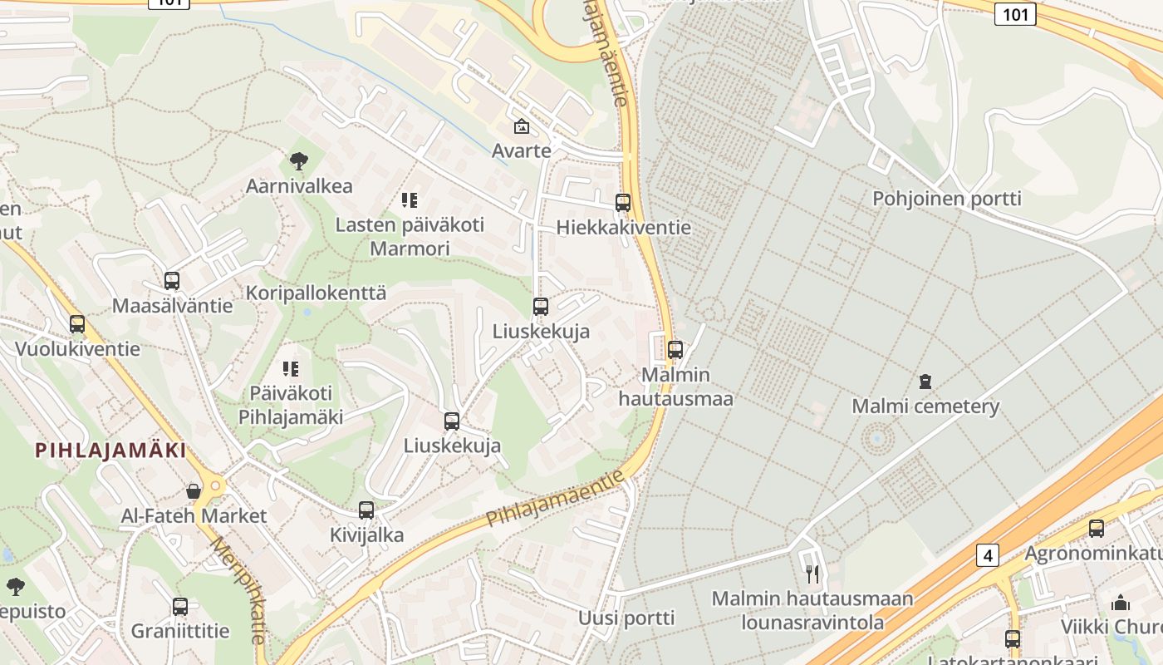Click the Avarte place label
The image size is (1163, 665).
coord(521,150)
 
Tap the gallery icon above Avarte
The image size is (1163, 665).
coord(522,127)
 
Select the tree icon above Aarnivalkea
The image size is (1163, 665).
coord(299,161)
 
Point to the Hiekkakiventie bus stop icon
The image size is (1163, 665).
coord(623,203)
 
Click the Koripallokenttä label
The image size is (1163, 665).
coord(316,293)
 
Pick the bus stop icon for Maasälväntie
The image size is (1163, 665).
coord(172,281)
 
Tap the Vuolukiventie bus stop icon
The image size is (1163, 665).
coord(77,324)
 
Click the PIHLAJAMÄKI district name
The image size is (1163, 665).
coord(110,451)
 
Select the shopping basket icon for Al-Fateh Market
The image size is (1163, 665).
coord(194,491)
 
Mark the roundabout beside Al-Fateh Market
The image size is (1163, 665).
coord(218,485)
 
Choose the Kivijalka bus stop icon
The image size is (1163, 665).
coord(366,510)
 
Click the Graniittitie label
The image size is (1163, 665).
coord(180,631)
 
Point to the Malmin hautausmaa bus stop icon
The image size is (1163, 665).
coord(675,350)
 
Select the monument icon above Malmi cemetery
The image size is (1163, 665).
coord(925,382)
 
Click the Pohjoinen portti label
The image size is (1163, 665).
coord(946,199)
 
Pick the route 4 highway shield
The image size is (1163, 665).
coord(987,555)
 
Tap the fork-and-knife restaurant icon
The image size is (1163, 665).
coord(812,574)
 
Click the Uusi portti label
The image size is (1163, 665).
coord(626,618)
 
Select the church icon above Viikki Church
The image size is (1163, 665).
coord(1120,603)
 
